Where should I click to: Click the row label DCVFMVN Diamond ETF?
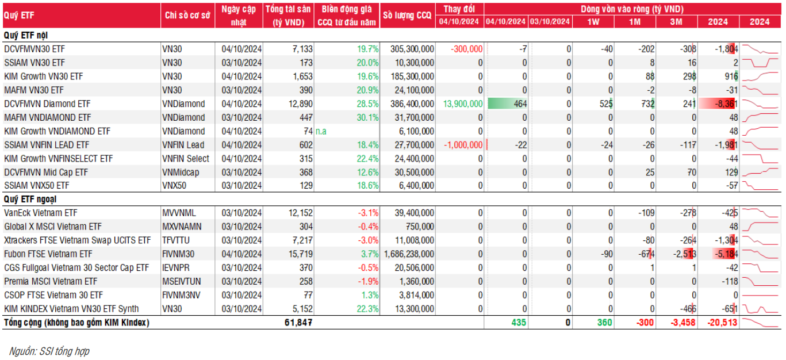(47, 104)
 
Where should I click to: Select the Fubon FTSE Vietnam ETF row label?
(48, 254)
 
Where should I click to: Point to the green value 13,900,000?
(463, 104)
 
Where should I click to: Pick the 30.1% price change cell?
(368, 118)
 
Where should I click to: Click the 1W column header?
(592, 22)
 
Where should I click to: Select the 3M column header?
(676, 22)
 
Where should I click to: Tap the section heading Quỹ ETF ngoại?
(29, 199)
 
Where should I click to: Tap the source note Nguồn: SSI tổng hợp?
(49, 351)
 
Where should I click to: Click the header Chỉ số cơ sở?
(187, 16)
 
